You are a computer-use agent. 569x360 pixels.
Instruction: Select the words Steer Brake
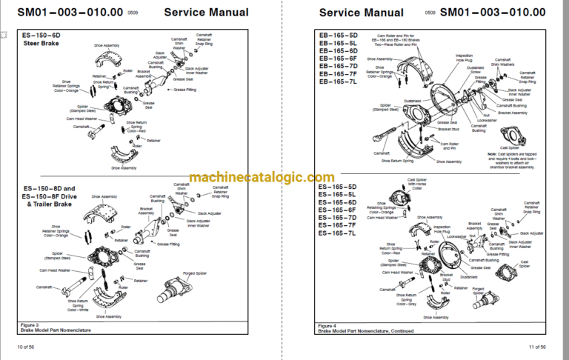click(39, 43)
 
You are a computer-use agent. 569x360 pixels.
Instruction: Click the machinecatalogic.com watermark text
click(261, 178)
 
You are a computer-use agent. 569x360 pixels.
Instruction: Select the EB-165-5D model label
click(337, 36)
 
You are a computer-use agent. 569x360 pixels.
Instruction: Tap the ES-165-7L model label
click(337, 233)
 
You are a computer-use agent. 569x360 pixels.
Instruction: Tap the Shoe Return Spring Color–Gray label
click(409, 299)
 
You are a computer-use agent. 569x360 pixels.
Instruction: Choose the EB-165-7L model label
click(337, 81)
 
